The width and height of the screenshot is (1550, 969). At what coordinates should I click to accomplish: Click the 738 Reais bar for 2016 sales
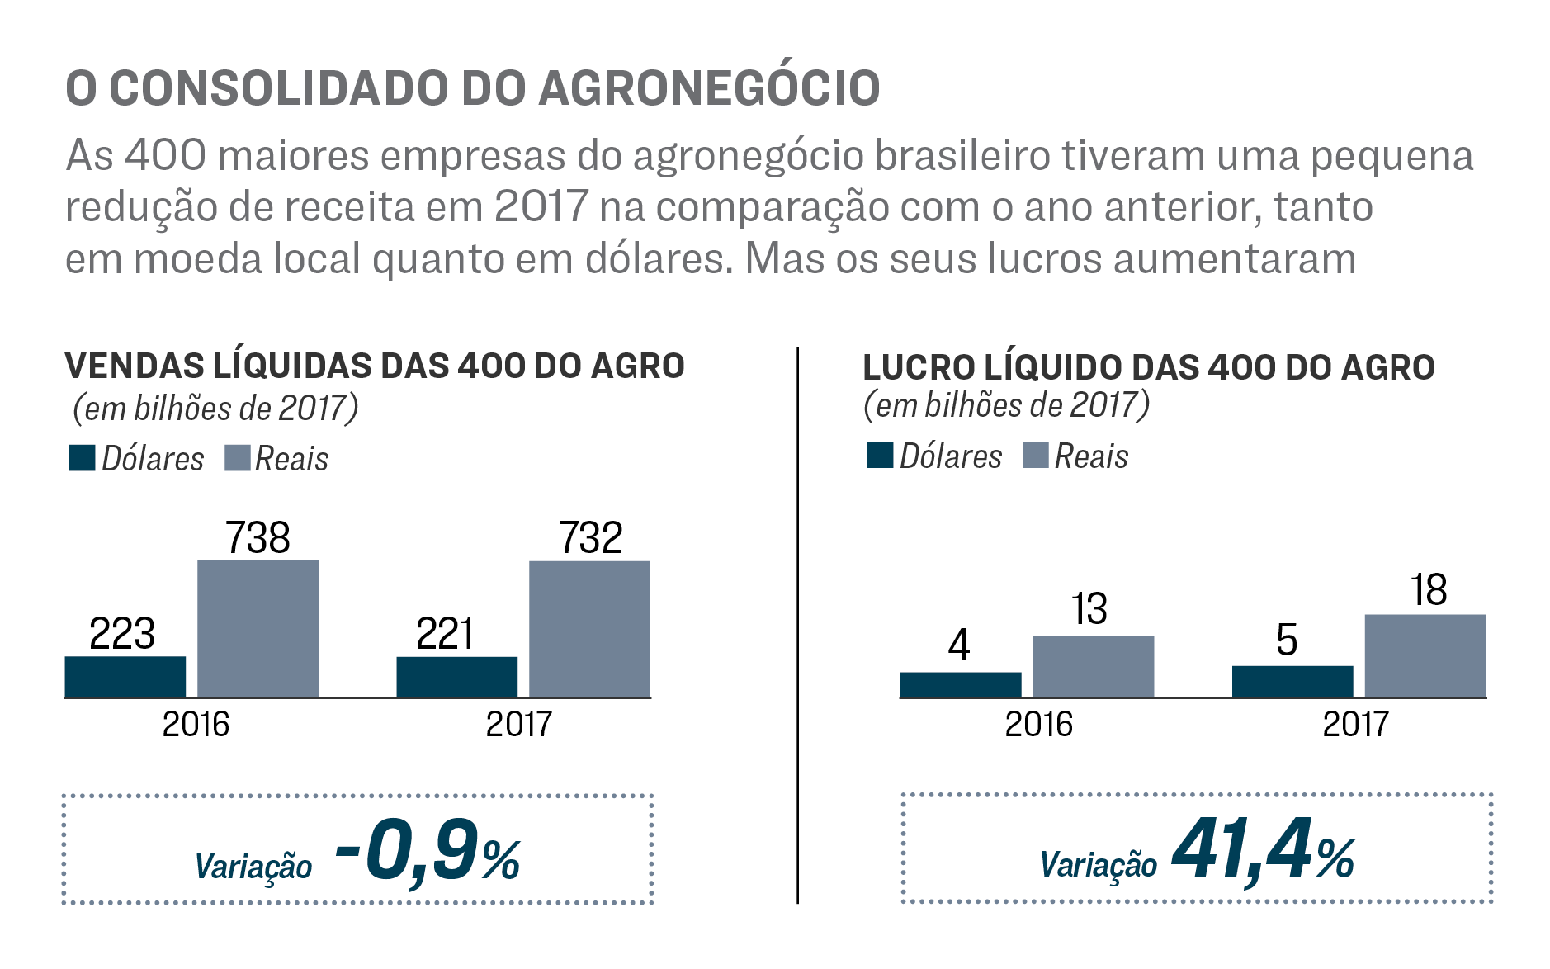point(258,628)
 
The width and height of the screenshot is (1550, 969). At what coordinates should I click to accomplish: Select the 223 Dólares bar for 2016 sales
point(125,676)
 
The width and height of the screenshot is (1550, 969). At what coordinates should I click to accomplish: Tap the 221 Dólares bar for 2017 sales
point(457,677)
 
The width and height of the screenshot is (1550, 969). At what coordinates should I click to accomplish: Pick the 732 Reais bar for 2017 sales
point(589,629)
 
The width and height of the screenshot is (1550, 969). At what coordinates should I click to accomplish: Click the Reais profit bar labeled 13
point(1093,666)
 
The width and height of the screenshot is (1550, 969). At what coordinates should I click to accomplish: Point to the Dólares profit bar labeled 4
point(961,684)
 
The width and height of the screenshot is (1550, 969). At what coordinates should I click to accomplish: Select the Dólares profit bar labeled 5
point(1292,681)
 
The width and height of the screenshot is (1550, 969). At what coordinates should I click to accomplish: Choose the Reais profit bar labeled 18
point(1425,655)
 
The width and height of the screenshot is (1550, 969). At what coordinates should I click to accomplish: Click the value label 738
point(258,537)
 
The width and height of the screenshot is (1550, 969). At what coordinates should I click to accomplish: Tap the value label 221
point(445,634)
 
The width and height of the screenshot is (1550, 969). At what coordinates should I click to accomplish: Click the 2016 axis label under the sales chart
point(196,724)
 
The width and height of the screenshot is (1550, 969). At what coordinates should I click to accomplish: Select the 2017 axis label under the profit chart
point(1355,724)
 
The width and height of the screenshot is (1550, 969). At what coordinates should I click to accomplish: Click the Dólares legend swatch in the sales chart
point(82,458)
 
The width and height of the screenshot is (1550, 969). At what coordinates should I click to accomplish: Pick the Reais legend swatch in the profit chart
point(1035,455)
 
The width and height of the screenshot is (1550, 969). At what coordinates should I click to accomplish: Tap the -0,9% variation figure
point(428,853)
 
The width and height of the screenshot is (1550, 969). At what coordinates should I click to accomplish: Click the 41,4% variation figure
point(1263,851)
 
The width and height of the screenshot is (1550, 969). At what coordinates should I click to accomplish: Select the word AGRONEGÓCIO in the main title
point(709,88)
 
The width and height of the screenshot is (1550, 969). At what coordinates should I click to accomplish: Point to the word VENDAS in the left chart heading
point(134,366)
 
